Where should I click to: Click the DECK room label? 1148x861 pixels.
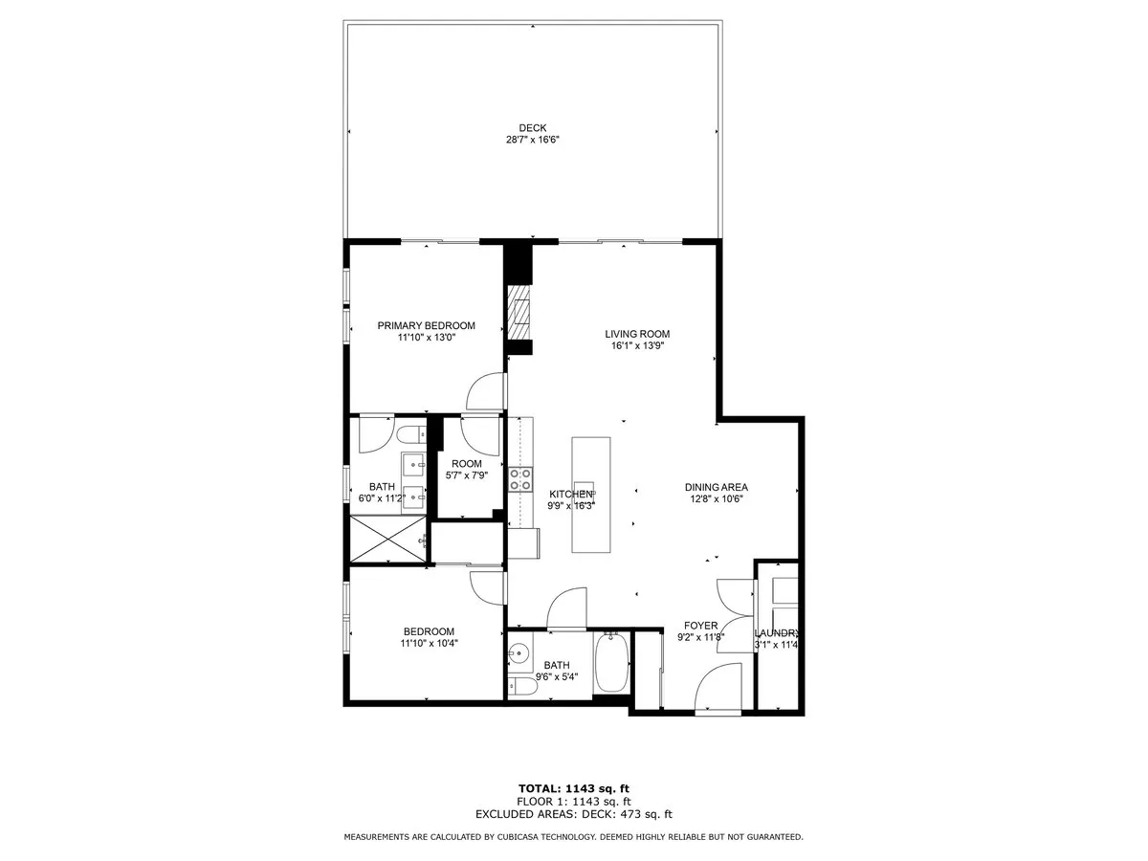pyautogui.click(x=533, y=127)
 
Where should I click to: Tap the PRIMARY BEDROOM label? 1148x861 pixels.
pyautogui.click(x=426, y=325)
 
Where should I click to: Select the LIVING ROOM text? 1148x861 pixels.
pyautogui.click(x=637, y=334)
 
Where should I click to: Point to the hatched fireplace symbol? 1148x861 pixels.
pyautogui.click(x=519, y=312)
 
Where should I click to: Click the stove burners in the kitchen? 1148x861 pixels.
pyautogui.click(x=520, y=478)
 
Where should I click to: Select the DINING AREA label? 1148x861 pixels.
pyautogui.click(x=716, y=486)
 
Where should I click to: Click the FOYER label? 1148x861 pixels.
pyautogui.click(x=701, y=626)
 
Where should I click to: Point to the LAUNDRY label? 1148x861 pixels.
pyautogui.click(x=776, y=633)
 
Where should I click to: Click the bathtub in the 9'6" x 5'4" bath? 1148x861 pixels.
pyautogui.click(x=611, y=665)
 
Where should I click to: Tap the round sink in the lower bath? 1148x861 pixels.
pyautogui.click(x=519, y=654)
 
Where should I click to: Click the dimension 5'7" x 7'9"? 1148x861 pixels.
pyautogui.click(x=467, y=475)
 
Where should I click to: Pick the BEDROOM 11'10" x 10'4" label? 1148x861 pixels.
pyautogui.click(x=429, y=637)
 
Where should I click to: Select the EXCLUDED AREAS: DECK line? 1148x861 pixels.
pyautogui.click(x=573, y=814)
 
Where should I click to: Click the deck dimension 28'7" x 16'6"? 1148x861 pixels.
pyautogui.click(x=532, y=140)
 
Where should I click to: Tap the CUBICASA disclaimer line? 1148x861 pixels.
pyautogui.click(x=573, y=837)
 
